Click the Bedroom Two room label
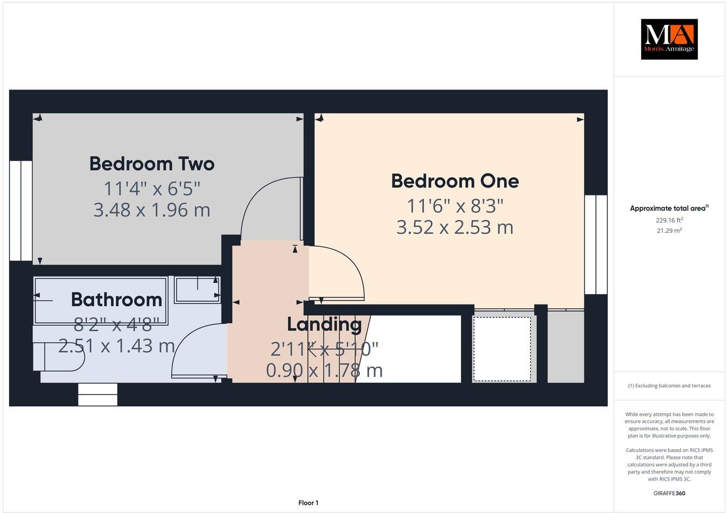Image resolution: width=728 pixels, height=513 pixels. click(152, 164)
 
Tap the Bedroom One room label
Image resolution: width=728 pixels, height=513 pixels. click(455, 181)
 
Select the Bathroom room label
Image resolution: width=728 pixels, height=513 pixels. click(116, 300)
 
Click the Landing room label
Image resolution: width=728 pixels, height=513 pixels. click(324, 324)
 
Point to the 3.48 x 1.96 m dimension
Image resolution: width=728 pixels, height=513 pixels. click(152, 210)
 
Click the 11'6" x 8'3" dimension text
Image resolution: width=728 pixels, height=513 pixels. click(455, 206)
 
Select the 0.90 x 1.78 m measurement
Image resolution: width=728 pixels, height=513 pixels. click(324, 370)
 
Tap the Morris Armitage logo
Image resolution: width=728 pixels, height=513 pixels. click(669, 39)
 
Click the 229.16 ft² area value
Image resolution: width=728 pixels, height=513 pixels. click(669, 220)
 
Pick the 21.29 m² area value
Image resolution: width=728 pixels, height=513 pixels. click(669, 231)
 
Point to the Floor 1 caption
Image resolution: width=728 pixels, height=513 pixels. click(308, 503)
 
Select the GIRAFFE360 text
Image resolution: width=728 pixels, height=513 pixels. click(669, 493)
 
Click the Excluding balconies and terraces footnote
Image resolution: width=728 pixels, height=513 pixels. click(669, 386)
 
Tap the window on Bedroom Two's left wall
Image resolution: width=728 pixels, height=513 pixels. click(20, 210)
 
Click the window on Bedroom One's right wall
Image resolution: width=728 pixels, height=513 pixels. click(596, 244)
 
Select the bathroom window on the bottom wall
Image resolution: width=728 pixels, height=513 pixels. click(98, 394)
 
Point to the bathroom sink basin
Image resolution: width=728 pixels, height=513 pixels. click(197, 289)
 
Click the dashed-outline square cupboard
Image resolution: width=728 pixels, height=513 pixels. click(502, 349)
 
